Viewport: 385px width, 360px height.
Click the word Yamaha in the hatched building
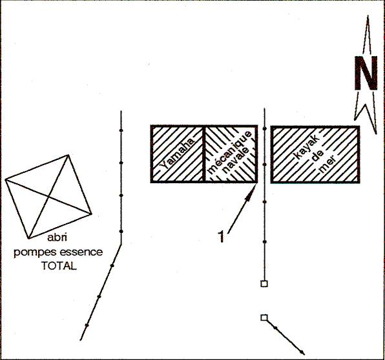point(177,154)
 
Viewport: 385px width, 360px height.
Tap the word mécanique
point(229,152)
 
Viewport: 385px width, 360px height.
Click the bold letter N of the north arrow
point(366,73)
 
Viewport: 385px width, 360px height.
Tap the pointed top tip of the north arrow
point(368,15)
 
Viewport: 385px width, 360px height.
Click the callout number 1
point(221,237)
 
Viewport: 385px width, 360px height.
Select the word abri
point(57,237)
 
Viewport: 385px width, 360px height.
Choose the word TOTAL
point(59,266)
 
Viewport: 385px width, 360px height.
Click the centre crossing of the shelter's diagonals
point(49,197)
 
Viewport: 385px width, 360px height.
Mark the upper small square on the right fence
point(264,284)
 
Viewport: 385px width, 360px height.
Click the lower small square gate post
point(264,317)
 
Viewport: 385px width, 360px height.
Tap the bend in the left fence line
point(121,244)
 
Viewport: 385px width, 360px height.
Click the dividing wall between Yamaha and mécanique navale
point(203,154)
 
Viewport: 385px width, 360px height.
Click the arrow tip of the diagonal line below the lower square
point(304,354)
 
